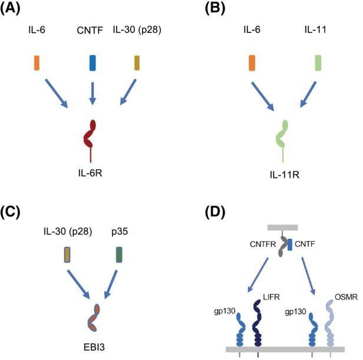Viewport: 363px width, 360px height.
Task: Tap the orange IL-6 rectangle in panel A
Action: point(37,62)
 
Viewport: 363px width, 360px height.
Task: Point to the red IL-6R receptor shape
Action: point(90,136)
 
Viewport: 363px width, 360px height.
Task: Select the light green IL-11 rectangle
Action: point(318,62)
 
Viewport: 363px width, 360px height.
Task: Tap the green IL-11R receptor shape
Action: point(283,137)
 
